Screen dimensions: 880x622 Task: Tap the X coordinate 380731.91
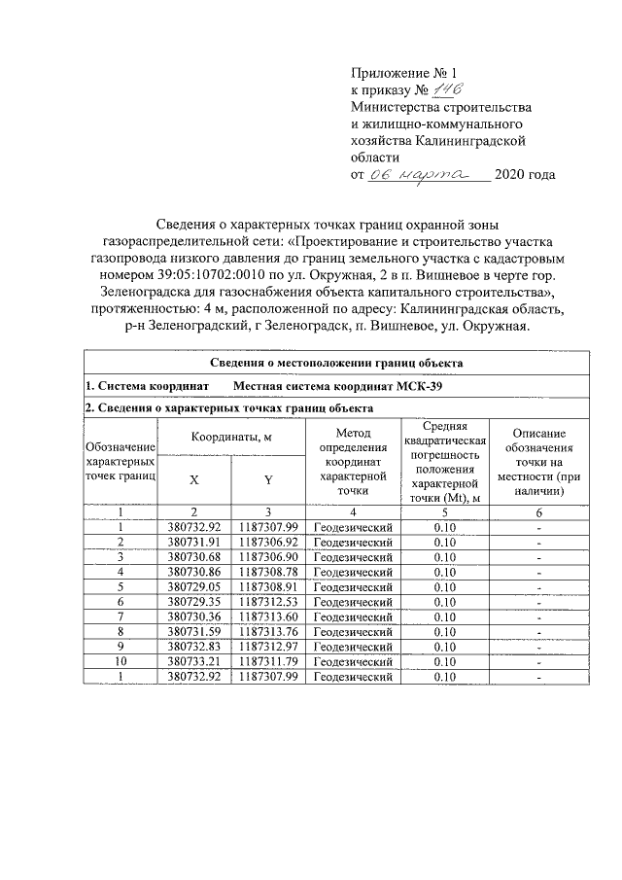(194, 541)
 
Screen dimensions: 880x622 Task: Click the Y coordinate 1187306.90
(269, 556)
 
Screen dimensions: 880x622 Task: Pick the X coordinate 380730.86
(194, 572)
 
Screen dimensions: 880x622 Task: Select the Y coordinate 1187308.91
(269, 587)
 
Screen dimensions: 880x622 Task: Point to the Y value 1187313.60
(269, 617)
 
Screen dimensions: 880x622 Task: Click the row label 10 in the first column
(121, 662)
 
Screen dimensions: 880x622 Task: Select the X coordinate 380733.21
(194, 662)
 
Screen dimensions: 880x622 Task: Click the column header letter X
(194, 478)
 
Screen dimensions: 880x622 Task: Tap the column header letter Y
(269, 478)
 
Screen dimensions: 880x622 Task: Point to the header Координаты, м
(231, 438)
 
